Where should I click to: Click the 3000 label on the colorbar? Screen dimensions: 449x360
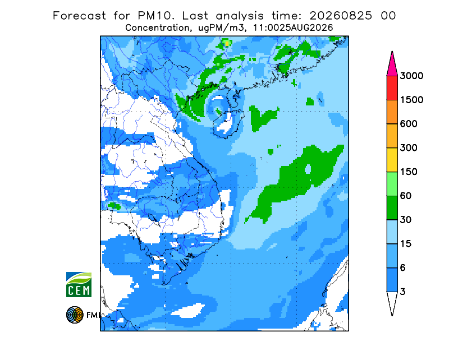pyautogui.click(x=411, y=76)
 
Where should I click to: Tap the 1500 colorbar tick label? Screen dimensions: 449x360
pyautogui.click(x=411, y=100)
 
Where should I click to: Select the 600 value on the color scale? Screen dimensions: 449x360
pyautogui.click(x=409, y=124)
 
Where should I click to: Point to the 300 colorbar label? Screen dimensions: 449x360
pyautogui.click(x=409, y=148)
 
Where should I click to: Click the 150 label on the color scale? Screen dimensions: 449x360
pyautogui.click(x=409, y=172)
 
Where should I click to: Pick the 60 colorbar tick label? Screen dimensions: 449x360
pyautogui.click(x=405, y=196)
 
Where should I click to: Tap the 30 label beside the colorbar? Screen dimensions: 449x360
pyautogui.click(x=405, y=220)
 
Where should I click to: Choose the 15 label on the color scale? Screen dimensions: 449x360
pyautogui.click(x=405, y=244)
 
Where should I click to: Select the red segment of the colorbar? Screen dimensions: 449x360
pyautogui.click(x=392, y=88)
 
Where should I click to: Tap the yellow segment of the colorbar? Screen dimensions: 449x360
pyautogui.click(x=392, y=160)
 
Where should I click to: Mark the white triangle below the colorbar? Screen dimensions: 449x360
pyautogui.click(x=392, y=301)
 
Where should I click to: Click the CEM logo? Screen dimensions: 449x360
pyautogui.click(x=79, y=284)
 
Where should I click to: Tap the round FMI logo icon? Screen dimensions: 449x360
pyautogui.click(x=75, y=315)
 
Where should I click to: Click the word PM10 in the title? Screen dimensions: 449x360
pyautogui.click(x=155, y=16)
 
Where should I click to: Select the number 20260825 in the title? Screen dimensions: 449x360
pyautogui.click(x=341, y=16)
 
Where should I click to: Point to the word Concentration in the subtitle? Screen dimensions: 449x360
pyautogui.click(x=157, y=28)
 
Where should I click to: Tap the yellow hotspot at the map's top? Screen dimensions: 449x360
pyautogui.click(x=227, y=44)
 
